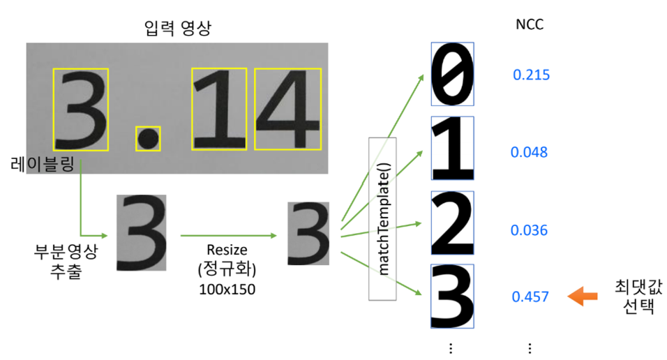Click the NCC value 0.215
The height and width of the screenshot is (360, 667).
pyautogui.click(x=531, y=75)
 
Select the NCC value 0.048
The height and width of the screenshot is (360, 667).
pyautogui.click(x=529, y=152)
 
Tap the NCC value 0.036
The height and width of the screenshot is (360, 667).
pyautogui.click(x=529, y=230)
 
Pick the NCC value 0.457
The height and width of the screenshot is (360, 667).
pyautogui.click(x=530, y=297)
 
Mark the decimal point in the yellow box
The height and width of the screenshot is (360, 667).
pyautogui.click(x=148, y=139)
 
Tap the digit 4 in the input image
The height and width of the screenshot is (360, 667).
pyautogui.click(x=287, y=109)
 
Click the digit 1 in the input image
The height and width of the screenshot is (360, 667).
pyautogui.click(x=219, y=109)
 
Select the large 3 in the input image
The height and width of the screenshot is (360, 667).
pyautogui.click(x=82, y=110)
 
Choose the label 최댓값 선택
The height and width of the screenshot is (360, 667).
pyautogui.click(x=634, y=296)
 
